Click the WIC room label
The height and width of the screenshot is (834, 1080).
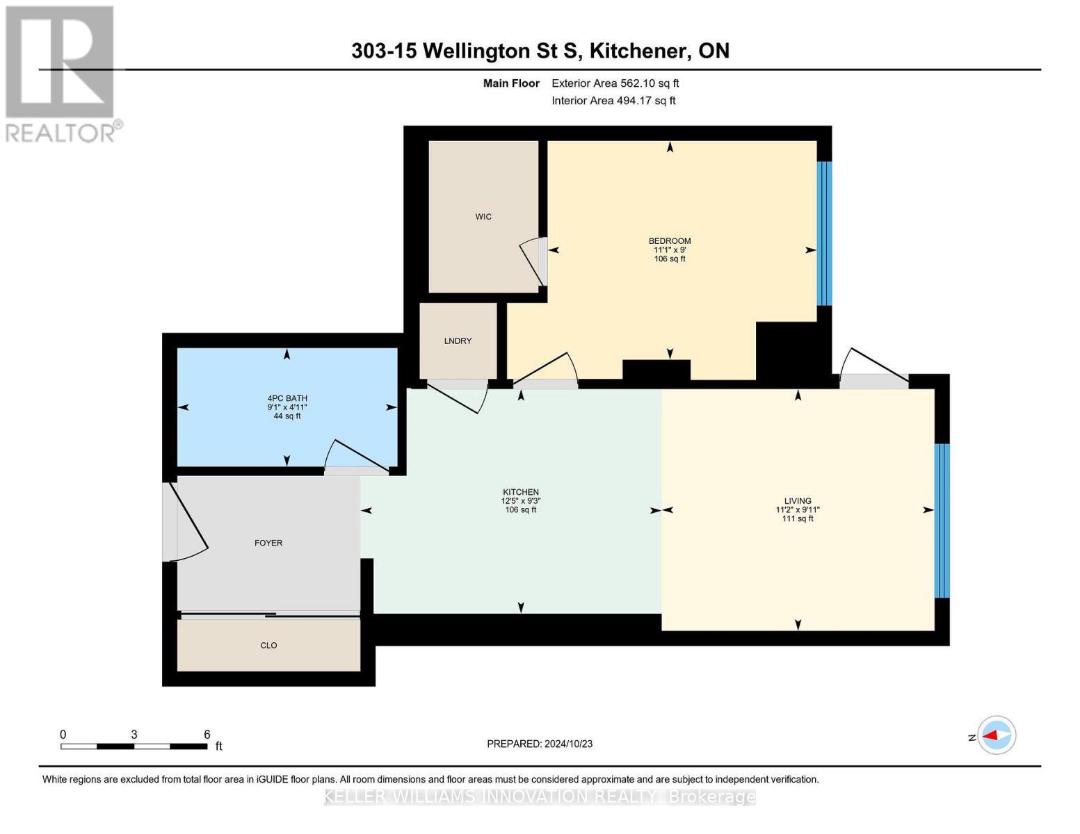click(x=483, y=217)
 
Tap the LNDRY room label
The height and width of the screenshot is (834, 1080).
click(x=458, y=341)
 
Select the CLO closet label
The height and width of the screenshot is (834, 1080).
click(x=268, y=646)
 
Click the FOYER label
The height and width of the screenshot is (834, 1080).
click(x=268, y=543)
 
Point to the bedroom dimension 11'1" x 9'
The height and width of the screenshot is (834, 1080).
click(x=670, y=250)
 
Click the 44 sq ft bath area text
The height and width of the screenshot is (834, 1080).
click(x=287, y=416)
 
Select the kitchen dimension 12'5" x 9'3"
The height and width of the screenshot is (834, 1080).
click(x=520, y=501)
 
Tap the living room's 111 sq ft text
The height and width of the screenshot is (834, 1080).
click(x=797, y=518)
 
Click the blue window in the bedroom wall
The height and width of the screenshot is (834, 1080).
click(x=824, y=234)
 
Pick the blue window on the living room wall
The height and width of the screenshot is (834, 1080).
click(x=942, y=521)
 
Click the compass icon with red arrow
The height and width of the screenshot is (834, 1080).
click(x=997, y=735)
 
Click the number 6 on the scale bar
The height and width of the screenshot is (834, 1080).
click(x=207, y=735)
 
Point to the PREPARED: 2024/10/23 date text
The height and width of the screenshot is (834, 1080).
click(x=540, y=744)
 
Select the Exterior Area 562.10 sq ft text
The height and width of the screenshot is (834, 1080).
click(x=615, y=83)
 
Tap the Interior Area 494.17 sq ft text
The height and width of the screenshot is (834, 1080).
click(x=613, y=101)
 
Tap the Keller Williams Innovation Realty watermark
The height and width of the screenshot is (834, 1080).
click(x=540, y=797)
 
